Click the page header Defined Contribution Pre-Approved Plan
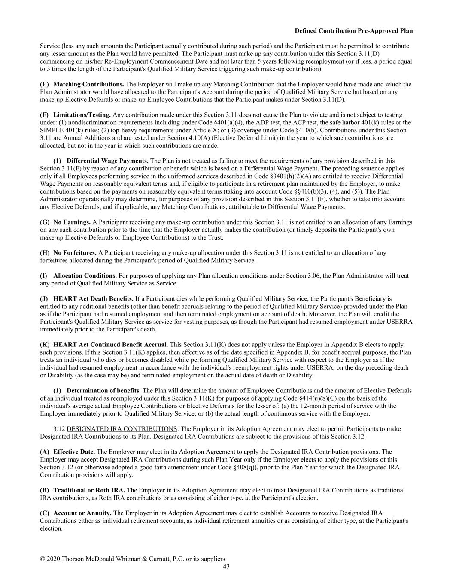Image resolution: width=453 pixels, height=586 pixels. [353, 31]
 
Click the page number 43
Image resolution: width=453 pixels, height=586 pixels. [226, 566]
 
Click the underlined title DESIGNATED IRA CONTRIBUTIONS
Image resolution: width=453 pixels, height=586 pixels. [122, 429]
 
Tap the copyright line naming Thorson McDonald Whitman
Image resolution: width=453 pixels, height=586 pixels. [132, 559]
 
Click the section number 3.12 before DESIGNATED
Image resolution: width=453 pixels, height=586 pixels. [59, 429]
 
